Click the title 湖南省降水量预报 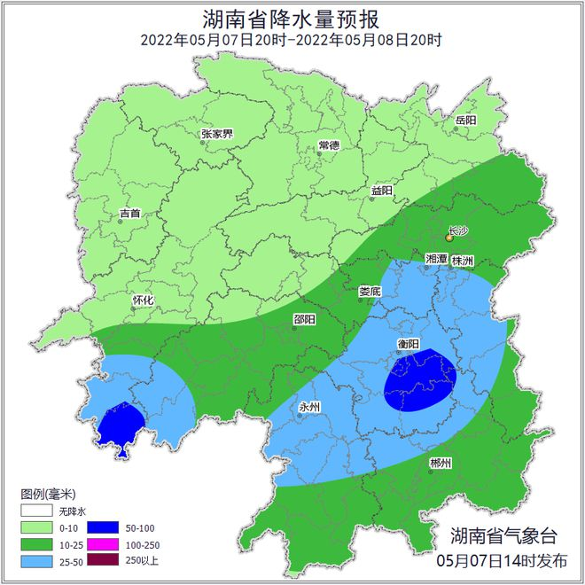[292, 18]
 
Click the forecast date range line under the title [292, 40]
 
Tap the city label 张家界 [217, 135]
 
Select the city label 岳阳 [466, 120]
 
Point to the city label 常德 [329, 145]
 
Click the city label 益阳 [381, 191]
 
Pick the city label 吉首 [129, 214]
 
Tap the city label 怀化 [143, 300]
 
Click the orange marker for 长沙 [449, 238]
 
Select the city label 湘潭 [436, 259]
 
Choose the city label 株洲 [463, 261]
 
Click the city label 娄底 [370, 291]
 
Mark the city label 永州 [310, 407]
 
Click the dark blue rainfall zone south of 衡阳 [420, 381]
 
